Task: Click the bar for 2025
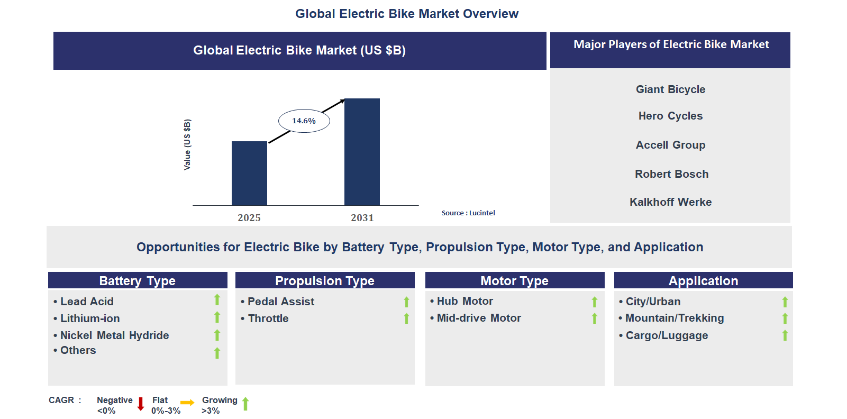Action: point(249,173)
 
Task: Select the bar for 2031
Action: point(362,152)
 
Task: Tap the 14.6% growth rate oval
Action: point(304,121)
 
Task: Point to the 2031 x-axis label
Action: point(362,218)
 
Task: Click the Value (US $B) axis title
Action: point(187,144)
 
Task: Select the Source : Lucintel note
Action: point(468,213)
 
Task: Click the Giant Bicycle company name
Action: point(670,89)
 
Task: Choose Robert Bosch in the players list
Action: point(671,174)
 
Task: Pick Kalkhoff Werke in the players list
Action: point(670,202)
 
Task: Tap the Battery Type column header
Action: point(138,281)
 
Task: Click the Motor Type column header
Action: point(514,281)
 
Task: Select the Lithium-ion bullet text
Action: point(90,318)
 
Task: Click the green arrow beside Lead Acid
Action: point(217,300)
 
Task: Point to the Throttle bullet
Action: point(268,318)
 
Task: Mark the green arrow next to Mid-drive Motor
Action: point(595,318)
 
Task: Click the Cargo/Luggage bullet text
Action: point(667,335)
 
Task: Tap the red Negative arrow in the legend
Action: point(141,404)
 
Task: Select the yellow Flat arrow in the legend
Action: point(187,403)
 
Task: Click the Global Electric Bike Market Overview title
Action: point(407,14)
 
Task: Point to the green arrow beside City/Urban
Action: point(785,302)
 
